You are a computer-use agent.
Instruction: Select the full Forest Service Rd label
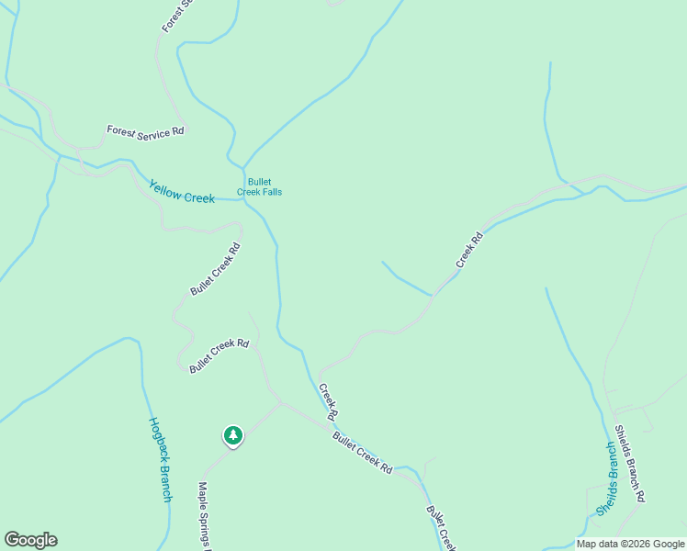[x=145, y=131]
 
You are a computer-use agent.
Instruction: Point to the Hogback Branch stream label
[x=159, y=459]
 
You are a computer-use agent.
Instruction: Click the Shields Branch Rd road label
[x=630, y=463]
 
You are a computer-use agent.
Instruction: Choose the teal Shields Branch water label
[x=607, y=478]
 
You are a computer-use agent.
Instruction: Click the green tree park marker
[x=233, y=435]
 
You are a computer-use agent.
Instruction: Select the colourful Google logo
[x=30, y=540]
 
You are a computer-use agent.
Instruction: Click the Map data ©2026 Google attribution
[x=631, y=544]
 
